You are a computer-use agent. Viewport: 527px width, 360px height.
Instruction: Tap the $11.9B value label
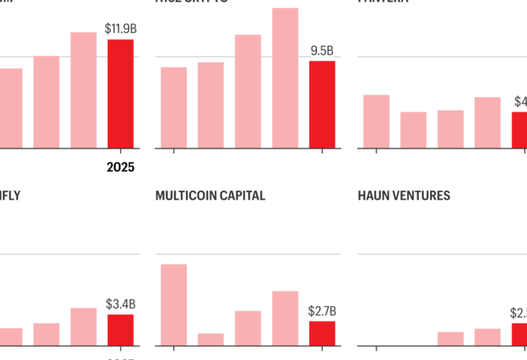tap(119, 29)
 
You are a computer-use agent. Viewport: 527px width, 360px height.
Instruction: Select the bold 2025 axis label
tap(120, 167)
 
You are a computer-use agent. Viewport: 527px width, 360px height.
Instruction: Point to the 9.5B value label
tap(322, 51)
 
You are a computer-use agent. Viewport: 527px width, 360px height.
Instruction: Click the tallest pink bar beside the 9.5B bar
tap(285, 78)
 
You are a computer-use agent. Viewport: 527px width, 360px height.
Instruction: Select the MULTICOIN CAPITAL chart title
tap(210, 196)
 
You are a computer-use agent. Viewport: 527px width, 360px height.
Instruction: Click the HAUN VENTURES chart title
tap(404, 196)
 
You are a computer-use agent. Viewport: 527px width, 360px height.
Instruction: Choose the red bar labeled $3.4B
tap(120, 330)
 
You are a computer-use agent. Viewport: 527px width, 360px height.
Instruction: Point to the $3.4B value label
tap(120, 304)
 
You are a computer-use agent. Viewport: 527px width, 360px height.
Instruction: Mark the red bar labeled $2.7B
tap(322, 333)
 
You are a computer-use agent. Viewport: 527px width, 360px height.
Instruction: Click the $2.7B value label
tap(322, 311)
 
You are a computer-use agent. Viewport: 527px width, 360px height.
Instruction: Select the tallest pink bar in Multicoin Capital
tap(174, 304)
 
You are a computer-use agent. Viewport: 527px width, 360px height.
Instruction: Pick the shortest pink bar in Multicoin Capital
tap(211, 339)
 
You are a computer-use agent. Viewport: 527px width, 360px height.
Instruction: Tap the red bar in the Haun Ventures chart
tap(519, 334)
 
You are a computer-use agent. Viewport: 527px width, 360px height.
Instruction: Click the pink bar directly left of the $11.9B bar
tap(84, 90)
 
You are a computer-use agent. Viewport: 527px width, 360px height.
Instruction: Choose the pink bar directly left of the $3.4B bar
tap(84, 326)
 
